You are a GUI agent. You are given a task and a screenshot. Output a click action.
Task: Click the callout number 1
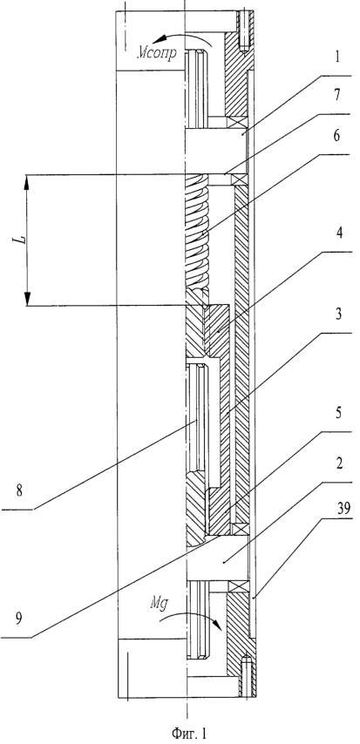coord(337,57)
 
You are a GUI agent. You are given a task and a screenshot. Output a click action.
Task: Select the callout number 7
coord(336,95)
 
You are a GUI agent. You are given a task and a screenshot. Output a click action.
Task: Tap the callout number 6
coord(336,136)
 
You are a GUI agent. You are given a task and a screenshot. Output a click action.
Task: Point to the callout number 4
coord(339,233)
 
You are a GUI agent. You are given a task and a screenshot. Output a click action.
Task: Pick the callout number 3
coord(338,315)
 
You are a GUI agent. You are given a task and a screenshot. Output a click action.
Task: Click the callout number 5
coord(338,413)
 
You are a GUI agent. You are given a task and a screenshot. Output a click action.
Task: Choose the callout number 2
coord(338,463)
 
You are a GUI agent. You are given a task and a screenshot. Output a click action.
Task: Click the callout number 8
coord(19,490)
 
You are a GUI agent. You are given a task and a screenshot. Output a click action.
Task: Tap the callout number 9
coord(18,619)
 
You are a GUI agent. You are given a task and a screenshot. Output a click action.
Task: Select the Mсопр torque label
coord(157,51)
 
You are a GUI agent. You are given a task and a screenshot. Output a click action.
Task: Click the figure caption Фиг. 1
coord(189,733)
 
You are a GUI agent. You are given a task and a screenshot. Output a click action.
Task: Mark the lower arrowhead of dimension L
coord(27,299)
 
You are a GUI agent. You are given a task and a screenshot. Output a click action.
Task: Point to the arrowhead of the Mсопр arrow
coord(164,40)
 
